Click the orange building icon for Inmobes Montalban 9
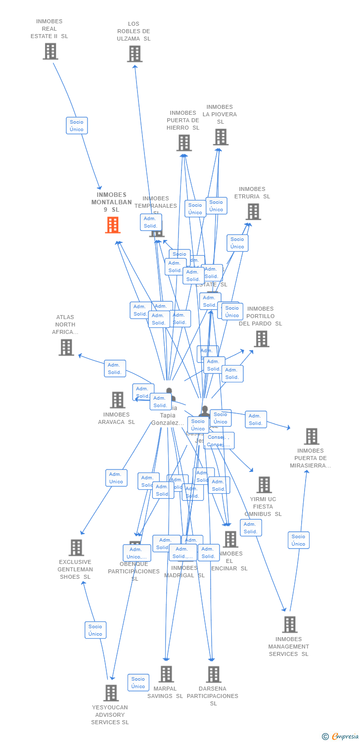point(113,225)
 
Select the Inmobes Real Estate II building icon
point(50,51)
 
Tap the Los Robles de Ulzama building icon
point(135,54)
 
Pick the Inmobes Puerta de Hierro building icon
point(184,143)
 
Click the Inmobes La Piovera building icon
point(221,137)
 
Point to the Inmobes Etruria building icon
point(253,212)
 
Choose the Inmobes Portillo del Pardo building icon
point(262,339)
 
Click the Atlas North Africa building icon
point(66,347)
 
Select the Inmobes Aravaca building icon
point(118,400)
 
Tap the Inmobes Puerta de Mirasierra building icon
point(312,436)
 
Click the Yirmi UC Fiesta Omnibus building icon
point(264,485)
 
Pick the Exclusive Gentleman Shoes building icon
point(76,548)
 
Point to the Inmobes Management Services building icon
point(290,624)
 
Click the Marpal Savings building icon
point(166,674)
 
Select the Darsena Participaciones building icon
point(214,674)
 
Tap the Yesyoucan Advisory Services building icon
point(111,693)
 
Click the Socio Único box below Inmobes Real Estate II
point(77,126)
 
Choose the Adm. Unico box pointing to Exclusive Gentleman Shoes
point(116,478)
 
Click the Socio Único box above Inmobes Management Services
point(299,540)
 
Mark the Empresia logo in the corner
point(341,737)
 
